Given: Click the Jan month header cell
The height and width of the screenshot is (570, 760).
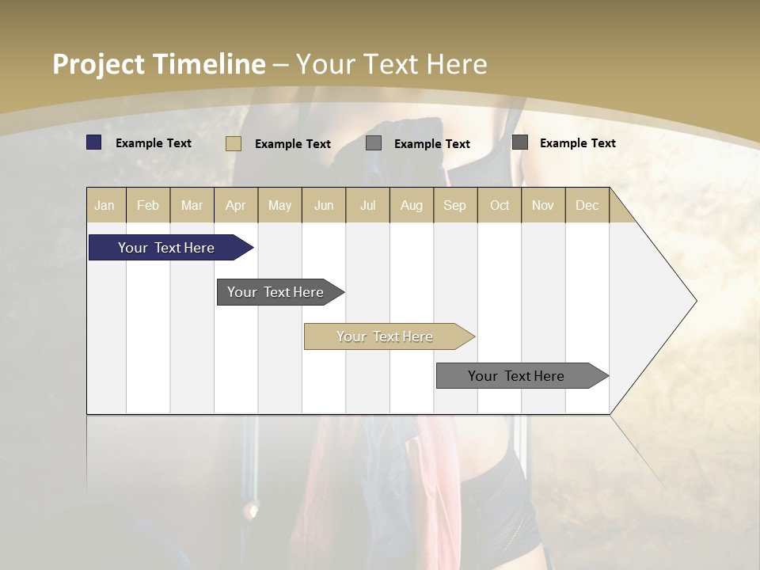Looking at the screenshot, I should point(105,205).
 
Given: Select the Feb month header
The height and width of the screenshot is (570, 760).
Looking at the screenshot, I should point(148,205).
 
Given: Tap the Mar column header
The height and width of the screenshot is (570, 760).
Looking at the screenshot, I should point(192,205).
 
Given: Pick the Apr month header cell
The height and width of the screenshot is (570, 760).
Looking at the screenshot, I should point(236,205).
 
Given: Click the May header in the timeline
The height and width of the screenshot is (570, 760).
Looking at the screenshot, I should point(279,205).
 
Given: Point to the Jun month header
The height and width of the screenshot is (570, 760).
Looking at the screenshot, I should point(324,205).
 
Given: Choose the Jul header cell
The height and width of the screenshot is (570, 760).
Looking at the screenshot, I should point(367,205).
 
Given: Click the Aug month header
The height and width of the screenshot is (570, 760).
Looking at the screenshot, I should point(412,205).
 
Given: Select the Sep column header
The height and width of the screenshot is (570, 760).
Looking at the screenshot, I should point(455,205).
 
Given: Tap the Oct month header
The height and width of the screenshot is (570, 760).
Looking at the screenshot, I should point(500,205).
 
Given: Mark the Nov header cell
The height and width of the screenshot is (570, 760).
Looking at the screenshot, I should point(543,205).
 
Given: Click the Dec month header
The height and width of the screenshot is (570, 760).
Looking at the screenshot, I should point(587,205).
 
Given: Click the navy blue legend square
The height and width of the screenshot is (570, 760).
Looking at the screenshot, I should point(94,142).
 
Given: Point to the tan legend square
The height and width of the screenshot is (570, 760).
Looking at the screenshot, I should point(234,143).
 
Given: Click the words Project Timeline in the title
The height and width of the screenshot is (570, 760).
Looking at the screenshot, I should point(159,64).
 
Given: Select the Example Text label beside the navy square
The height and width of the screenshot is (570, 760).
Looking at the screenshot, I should point(154,143).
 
